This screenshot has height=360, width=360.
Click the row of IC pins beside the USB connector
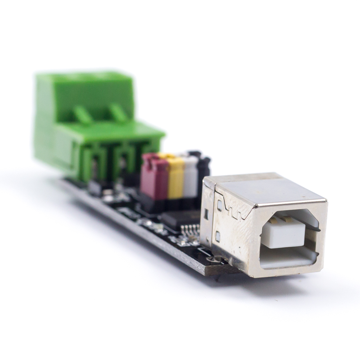click(191, 229)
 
